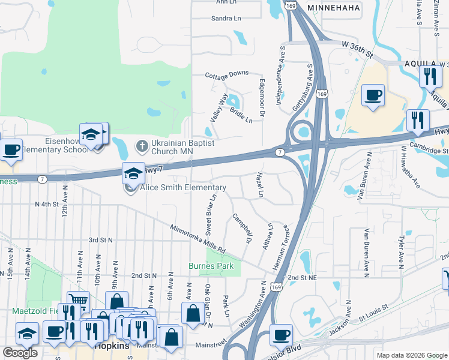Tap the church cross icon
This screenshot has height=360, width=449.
(x=142, y=145)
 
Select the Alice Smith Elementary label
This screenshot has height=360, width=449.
(x=183, y=188)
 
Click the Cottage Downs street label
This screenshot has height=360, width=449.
(x=226, y=74)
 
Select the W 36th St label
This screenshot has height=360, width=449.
(x=357, y=49)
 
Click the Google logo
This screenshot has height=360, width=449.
(x=20, y=353)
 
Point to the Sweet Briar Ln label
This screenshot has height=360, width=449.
(x=211, y=215)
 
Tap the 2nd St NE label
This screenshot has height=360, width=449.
(x=301, y=278)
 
